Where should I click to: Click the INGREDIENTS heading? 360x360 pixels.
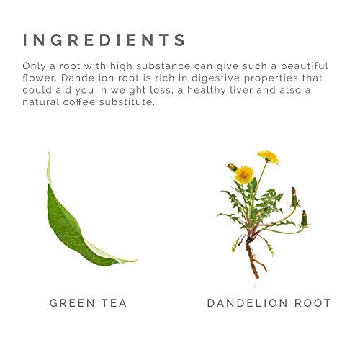click(x=104, y=40)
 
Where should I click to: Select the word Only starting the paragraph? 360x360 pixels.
click(x=34, y=66)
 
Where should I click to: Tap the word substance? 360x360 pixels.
click(x=163, y=66)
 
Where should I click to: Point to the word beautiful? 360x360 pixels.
click(x=304, y=66)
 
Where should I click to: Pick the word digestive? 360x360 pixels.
click(x=212, y=78)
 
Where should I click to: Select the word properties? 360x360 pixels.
click(x=267, y=78)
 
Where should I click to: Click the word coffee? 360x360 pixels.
click(x=79, y=102)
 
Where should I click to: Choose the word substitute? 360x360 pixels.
click(x=127, y=102)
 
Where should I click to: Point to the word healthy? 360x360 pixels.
click(x=207, y=91)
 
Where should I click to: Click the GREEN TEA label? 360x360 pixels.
click(x=88, y=303)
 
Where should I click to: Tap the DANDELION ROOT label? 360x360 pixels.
click(x=269, y=303)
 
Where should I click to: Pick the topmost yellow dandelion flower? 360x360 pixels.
click(x=269, y=156)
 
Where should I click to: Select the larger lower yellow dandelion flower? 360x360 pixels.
click(x=244, y=174)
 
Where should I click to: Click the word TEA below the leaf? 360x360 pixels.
click(x=114, y=303)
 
